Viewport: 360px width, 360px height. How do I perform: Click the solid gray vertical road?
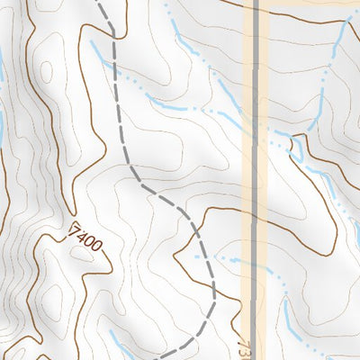coord(256,180)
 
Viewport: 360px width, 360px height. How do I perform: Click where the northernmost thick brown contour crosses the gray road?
coord(256,13)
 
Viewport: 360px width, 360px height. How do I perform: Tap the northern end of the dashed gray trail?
coord(99,3)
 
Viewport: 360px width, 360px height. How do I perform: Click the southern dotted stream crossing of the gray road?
coord(256,266)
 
